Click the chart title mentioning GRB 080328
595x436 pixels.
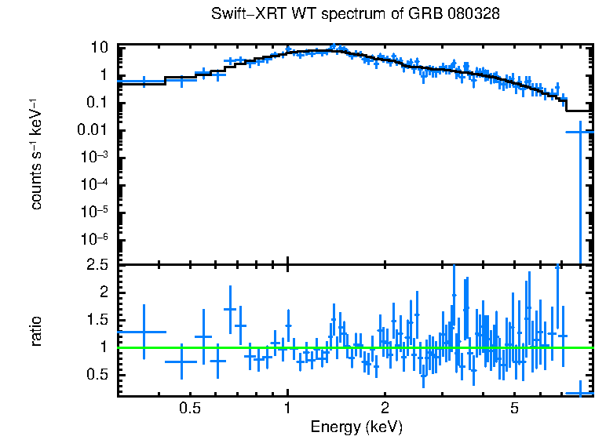tap(356, 15)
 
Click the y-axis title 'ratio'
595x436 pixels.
tap(36, 331)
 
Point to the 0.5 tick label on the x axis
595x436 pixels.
tap(190, 409)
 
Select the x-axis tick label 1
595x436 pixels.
tap(288, 409)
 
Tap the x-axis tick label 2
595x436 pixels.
tap(385, 409)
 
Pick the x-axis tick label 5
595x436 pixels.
tap(514, 409)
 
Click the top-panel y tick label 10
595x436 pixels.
tap(98, 48)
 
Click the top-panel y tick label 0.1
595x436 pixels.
tap(96, 103)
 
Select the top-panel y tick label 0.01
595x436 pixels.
tap(92, 130)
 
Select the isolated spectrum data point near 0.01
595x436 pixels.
tap(580, 133)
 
